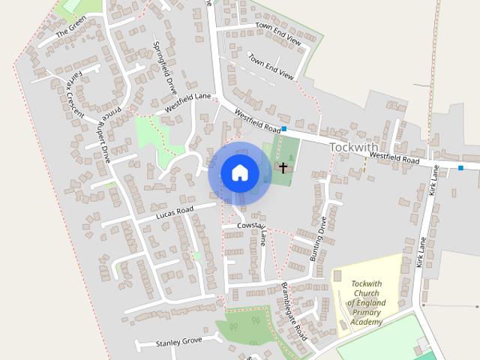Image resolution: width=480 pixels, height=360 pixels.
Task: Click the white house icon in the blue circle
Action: click(x=239, y=172)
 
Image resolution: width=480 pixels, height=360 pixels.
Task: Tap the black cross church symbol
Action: click(x=283, y=166)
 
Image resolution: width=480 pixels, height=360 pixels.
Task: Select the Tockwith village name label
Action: click(x=354, y=148)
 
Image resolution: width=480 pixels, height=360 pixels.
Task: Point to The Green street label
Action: click(x=71, y=31)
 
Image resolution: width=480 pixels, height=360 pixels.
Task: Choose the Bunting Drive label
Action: click(x=319, y=238)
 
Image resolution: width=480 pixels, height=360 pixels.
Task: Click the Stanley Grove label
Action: click(x=178, y=342)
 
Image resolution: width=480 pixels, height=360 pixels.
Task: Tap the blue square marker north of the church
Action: click(x=284, y=129)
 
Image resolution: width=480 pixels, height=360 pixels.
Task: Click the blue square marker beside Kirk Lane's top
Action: click(x=460, y=167)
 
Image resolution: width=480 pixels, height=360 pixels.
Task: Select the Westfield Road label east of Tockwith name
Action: click(x=394, y=157)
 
